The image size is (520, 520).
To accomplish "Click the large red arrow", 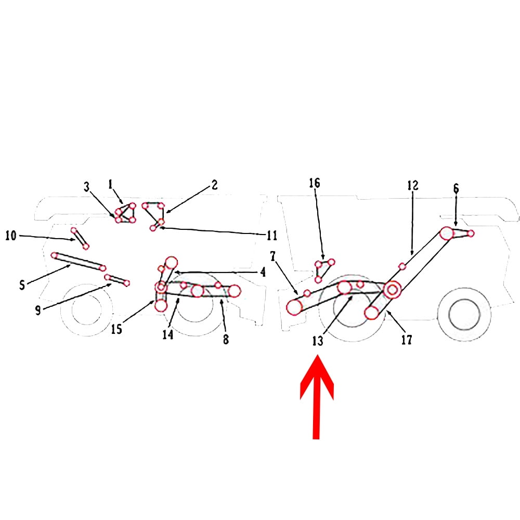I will coord(317,400).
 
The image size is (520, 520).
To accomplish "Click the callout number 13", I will coord(318,341).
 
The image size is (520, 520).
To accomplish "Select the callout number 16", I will coord(315,183).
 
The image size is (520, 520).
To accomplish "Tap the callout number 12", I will coord(412,185).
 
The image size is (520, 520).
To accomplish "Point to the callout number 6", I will coord(456,189).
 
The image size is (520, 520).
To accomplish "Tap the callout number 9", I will coord(37,310).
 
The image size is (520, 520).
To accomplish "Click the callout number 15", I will coord(117,329).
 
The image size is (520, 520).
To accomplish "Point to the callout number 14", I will coord(167,335).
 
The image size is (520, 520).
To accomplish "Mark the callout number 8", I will coord(226,340).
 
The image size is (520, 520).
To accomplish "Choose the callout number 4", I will coord(263,271).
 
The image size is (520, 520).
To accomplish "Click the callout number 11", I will coord(271,236).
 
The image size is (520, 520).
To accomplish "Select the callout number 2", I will coord(214,185).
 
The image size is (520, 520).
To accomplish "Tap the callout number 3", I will coord(87,186).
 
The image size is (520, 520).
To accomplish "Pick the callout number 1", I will coord(110,184).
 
